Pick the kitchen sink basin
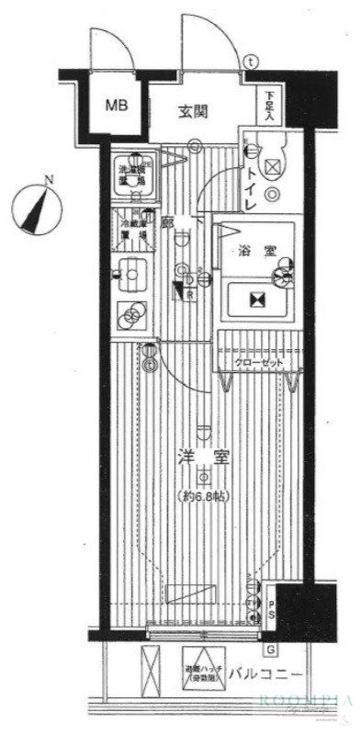tap(130, 273)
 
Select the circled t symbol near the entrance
tap(252, 62)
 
